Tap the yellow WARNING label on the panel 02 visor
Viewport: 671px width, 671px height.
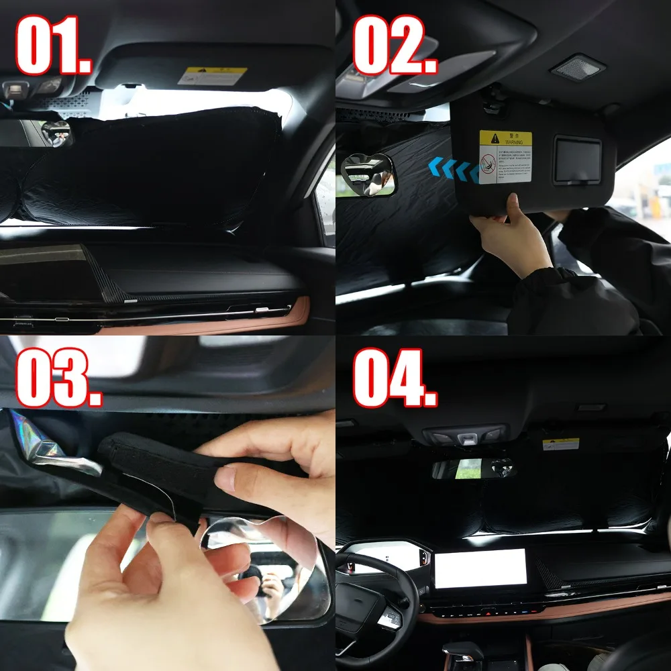click(x=505, y=157)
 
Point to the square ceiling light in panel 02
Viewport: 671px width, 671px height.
click(x=576, y=68)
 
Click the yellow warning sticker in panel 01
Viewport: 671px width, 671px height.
click(x=212, y=75)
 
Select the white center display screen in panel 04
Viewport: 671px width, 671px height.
click(x=480, y=568)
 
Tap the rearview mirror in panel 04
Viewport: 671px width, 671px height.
click(x=472, y=468)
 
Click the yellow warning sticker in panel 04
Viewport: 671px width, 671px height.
click(x=560, y=444)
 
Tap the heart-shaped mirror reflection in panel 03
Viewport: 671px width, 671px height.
click(x=268, y=570)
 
